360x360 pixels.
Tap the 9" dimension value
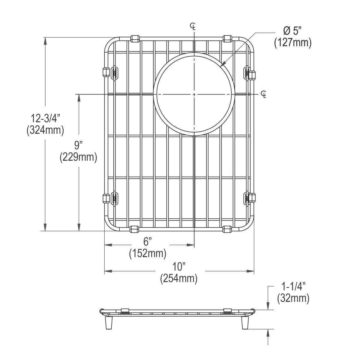click(78, 146)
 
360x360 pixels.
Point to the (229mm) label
click(78, 157)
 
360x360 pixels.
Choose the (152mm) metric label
click(148, 253)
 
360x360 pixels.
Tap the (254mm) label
click(179, 278)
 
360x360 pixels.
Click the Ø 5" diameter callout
click(292, 31)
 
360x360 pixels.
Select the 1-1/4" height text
click(292, 286)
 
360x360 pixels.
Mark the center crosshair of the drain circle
click(194, 94)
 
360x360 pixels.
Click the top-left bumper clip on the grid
click(136, 38)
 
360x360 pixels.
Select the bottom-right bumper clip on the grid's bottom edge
click(227, 229)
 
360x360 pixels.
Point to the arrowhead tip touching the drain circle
click(221, 65)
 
